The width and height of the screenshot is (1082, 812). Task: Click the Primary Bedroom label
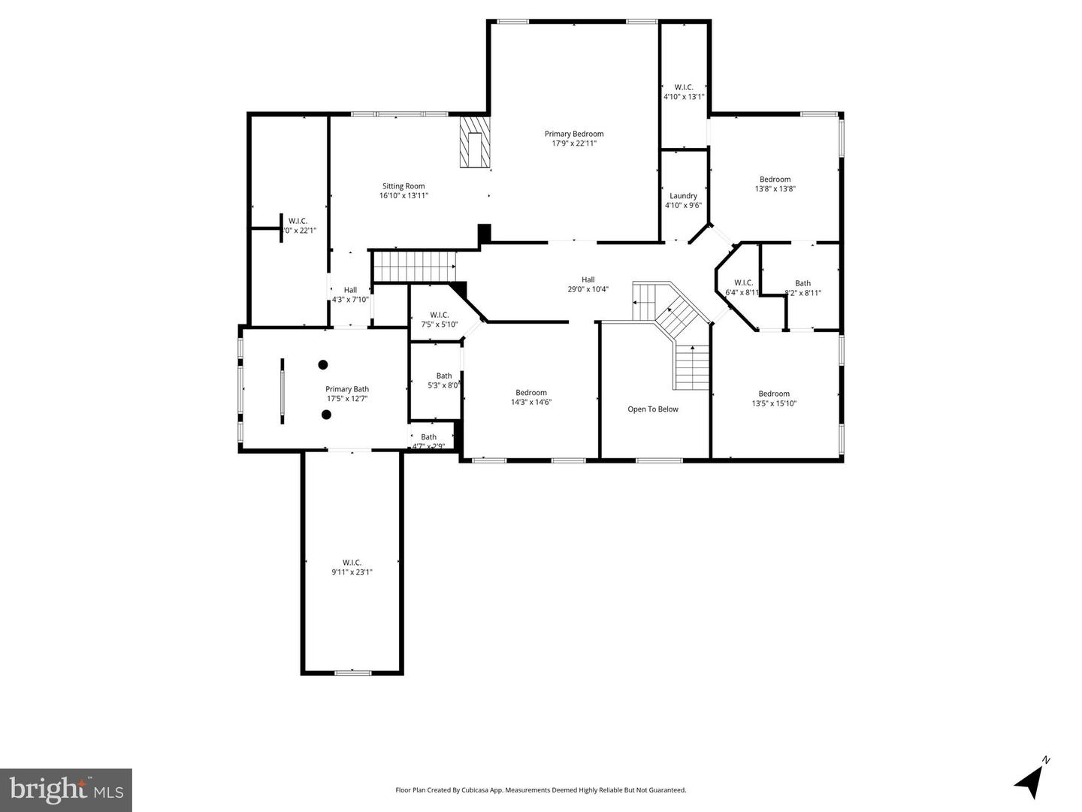tap(574, 134)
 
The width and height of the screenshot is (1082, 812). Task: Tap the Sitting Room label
tap(403, 186)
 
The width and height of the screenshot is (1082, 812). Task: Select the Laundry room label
tap(683, 196)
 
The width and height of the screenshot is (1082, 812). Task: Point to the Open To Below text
tap(653, 409)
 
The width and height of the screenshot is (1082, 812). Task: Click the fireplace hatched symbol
tap(475, 141)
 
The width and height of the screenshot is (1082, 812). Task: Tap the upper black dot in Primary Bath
tap(323, 365)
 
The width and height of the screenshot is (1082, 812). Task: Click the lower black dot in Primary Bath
tap(327, 415)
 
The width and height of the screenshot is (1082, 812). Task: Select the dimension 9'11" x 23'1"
tap(352, 572)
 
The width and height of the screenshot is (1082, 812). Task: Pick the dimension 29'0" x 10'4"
tap(588, 289)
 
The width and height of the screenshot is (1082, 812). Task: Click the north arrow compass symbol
tap(1031, 780)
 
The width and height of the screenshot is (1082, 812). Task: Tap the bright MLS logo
tap(66, 789)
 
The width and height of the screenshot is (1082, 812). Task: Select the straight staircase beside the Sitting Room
tap(415, 266)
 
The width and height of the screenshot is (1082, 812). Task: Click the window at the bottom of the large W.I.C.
tap(352, 672)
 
